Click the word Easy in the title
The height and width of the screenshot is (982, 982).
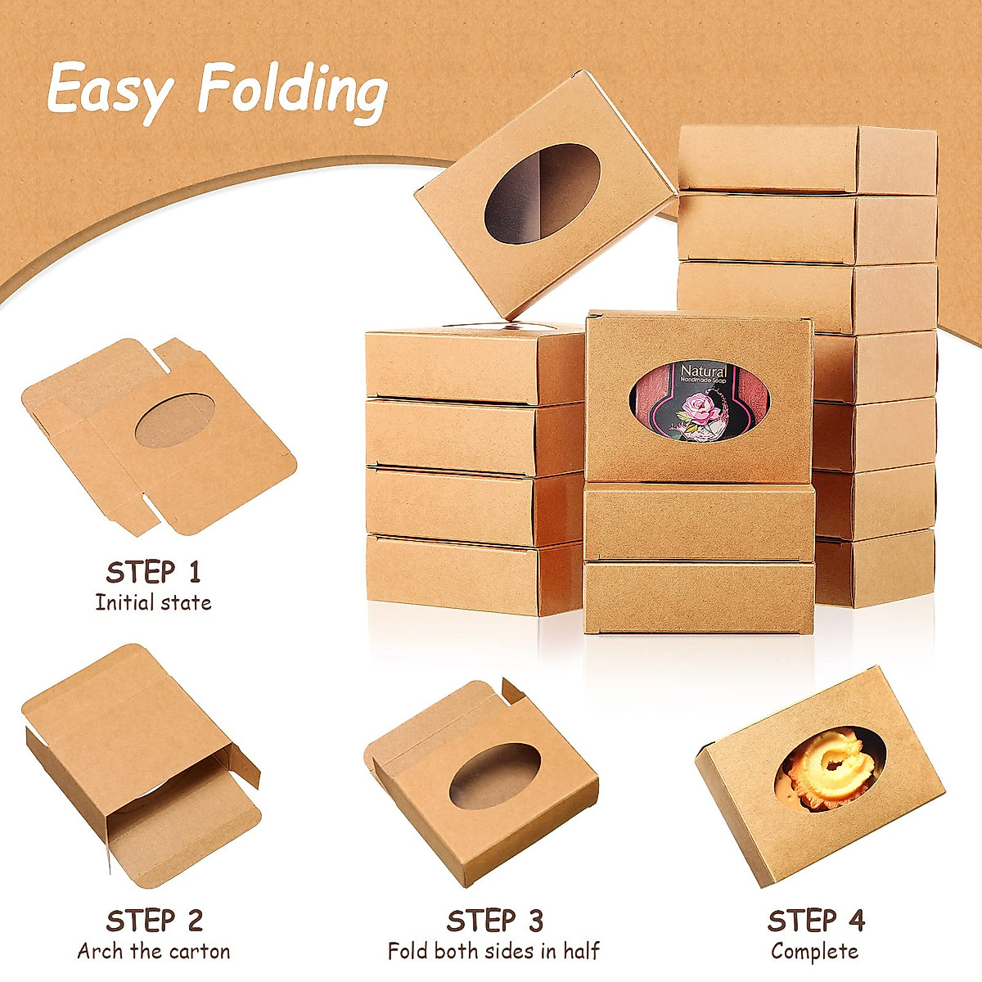[x=107, y=92]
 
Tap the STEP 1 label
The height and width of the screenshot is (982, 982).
[x=153, y=571]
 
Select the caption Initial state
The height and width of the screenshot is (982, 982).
[x=153, y=603]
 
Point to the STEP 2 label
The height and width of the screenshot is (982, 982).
[x=154, y=921]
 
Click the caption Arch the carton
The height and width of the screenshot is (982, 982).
[x=154, y=952]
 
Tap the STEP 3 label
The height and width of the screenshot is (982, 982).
[x=494, y=921]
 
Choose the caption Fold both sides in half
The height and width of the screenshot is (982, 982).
[x=493, y=952]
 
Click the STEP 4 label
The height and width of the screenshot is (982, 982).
[x=815, y=921]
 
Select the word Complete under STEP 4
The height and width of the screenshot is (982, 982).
[x=815, y=952]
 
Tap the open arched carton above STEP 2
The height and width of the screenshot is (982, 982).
[x=139, y=761]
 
